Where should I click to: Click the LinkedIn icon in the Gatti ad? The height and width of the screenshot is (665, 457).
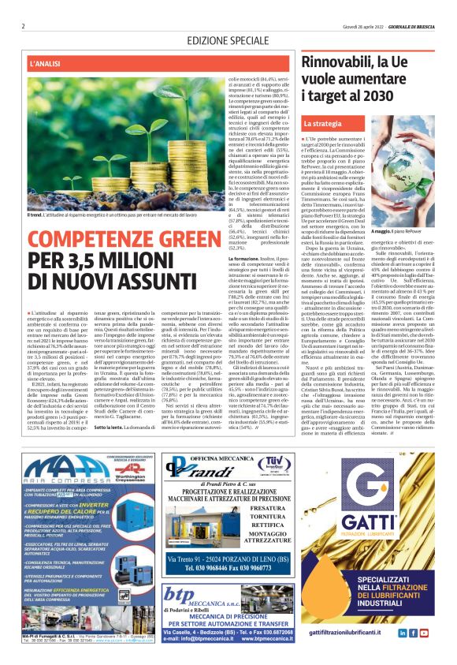pos(402,633)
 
